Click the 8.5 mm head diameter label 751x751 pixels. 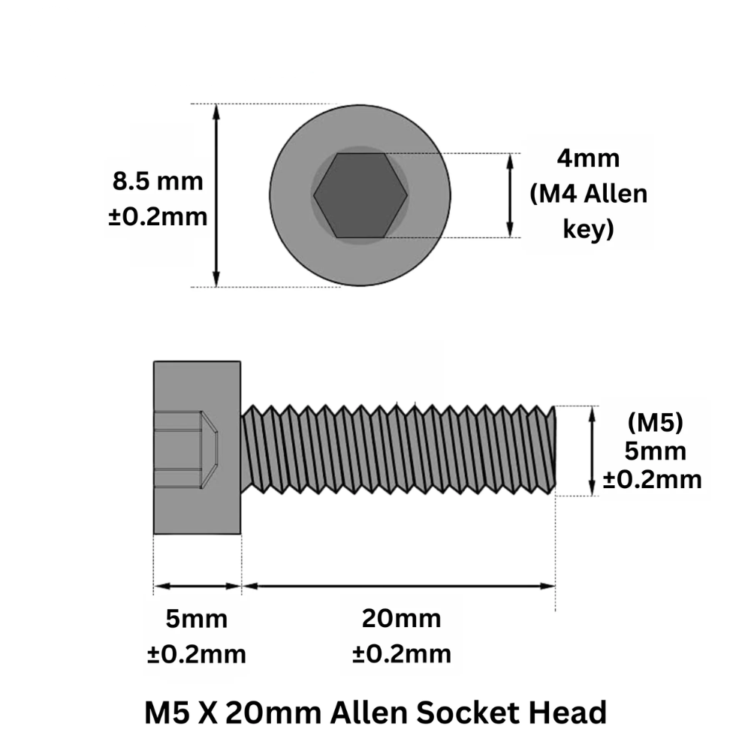pos(158,182)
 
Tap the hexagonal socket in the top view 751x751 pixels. pos(360,195)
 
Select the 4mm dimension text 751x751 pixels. pos(588,158)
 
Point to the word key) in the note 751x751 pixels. pos(588,229)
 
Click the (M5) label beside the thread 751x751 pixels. pos(655,423)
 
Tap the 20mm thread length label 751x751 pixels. pos(401,618)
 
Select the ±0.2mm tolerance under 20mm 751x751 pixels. pos(401,654)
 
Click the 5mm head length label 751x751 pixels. pos(196,619)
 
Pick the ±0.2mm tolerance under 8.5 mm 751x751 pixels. pos(158,217)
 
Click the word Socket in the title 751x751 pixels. pos(468,712)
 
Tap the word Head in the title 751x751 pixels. pos(568,712)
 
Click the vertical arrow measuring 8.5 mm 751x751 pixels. pos(216,195)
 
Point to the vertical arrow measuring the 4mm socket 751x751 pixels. pos(510,195)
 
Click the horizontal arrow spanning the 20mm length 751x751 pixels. pos(399,586)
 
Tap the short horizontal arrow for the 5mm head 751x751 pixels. pos(198,586)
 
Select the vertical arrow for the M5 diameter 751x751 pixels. pos(593,451)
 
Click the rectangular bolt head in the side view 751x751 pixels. pos(197,448)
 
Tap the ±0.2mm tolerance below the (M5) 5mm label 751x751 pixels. pos(653,480)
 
